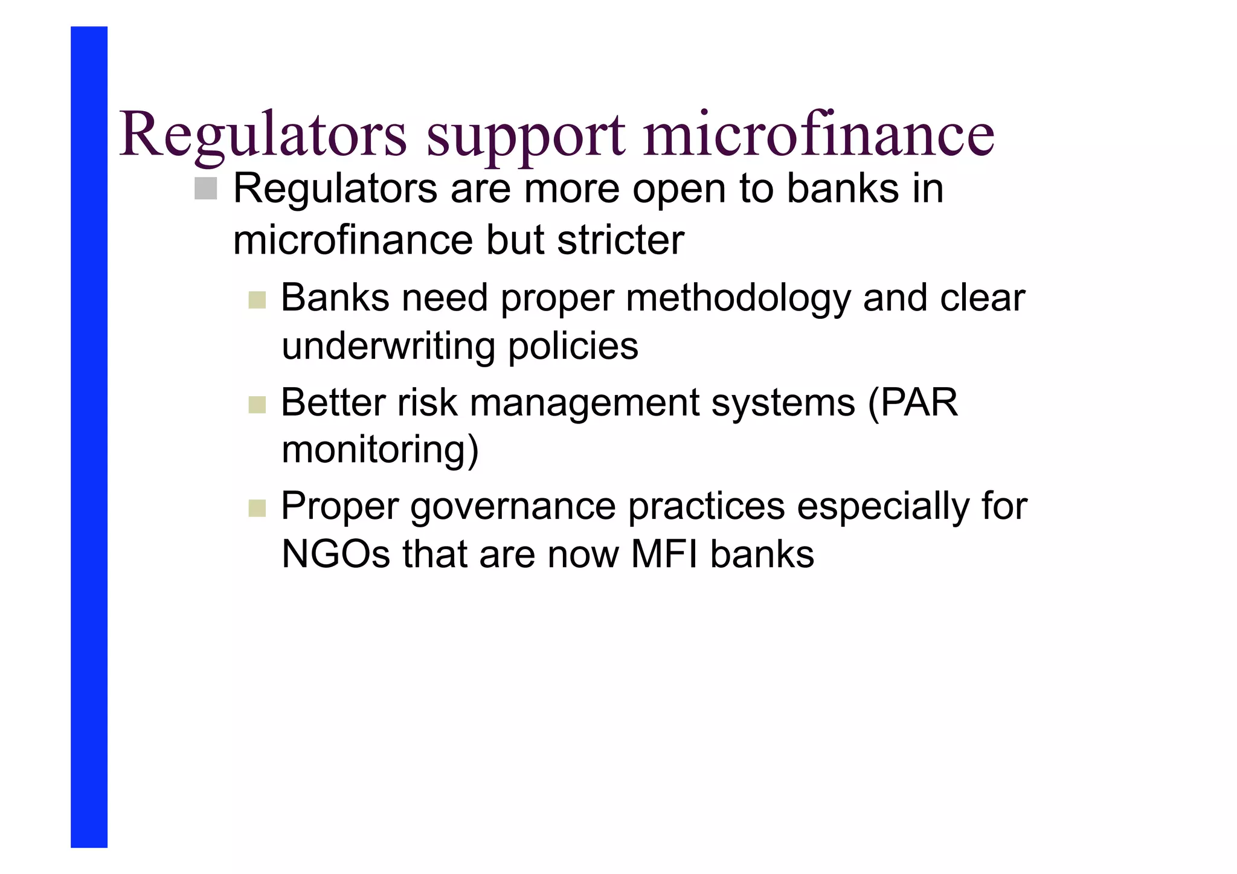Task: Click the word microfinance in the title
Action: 818,134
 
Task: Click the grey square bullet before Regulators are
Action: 206,188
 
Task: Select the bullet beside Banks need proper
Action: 257,300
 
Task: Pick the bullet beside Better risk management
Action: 257,405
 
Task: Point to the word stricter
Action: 620,240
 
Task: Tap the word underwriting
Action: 388,347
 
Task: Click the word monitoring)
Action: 380,451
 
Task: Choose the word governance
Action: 513,507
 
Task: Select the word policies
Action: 573,347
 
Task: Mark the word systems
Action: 783,403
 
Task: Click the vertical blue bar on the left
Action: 89,437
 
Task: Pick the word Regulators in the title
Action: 263,134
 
